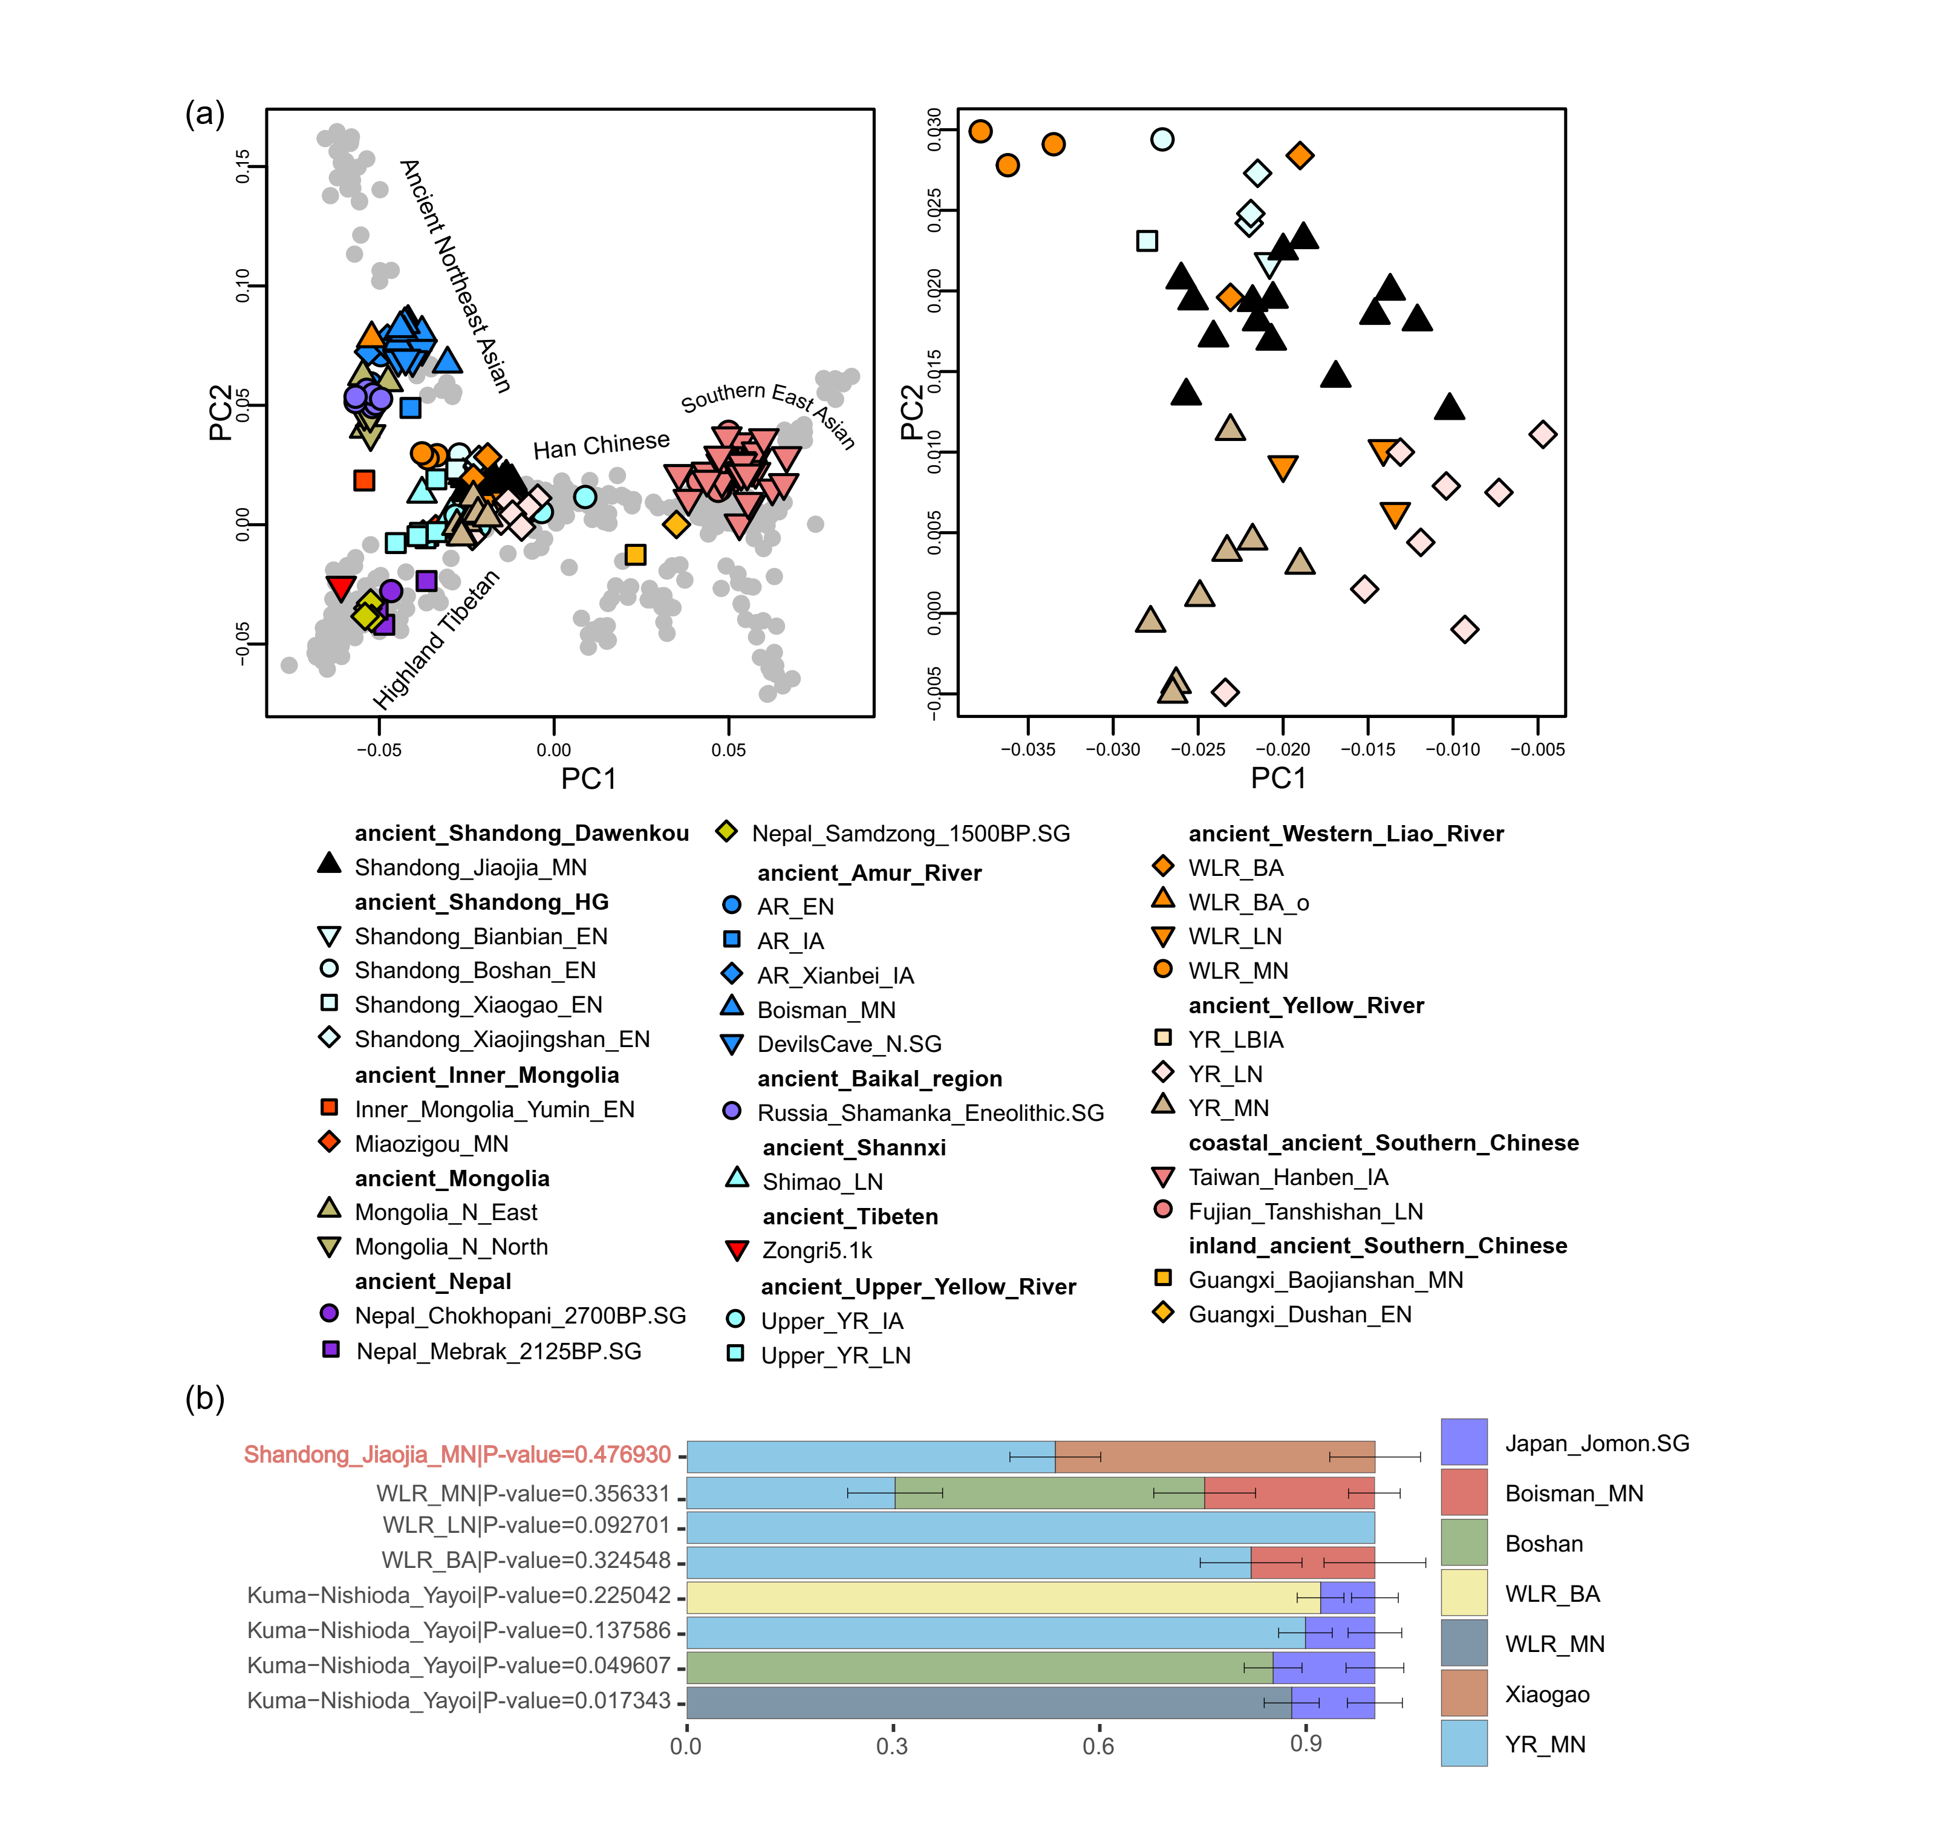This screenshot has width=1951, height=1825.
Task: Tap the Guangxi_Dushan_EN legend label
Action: tap(1300, 1314)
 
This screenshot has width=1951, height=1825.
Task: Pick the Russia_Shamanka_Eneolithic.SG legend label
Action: tap(930, 1113)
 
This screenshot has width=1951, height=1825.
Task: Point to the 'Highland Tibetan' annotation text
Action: tap(437, 639)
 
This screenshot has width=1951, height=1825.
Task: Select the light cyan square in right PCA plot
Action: tap(1146, 241)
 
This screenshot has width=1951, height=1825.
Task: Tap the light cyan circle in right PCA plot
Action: tap(1162, 139)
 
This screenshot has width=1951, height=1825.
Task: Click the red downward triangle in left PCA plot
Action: tap(340, 587)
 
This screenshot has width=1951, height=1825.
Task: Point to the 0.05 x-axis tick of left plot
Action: tap(728, 750)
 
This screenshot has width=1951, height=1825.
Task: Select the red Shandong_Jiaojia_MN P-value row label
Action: tap(457, 1455)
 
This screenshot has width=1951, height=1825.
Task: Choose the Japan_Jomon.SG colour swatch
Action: tap(1464, 1442)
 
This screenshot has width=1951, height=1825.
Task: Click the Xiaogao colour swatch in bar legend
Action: tap(1464, 1694)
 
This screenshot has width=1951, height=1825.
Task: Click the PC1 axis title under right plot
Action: tap(1278, 779)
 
